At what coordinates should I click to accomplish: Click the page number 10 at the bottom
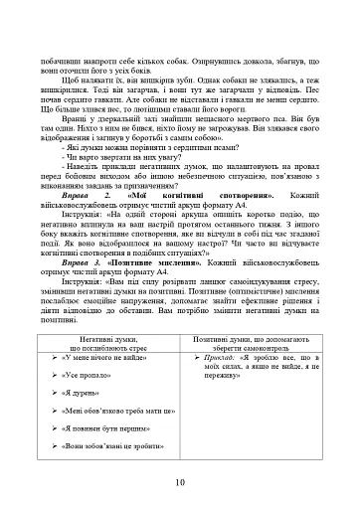(180, 481)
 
